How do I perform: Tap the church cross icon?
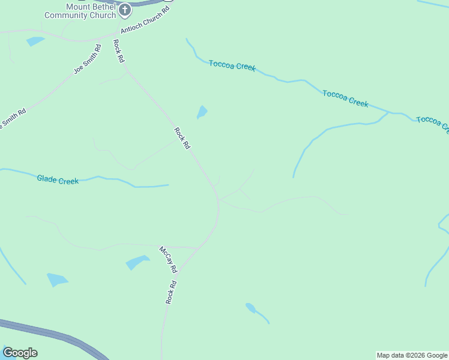(125, 10)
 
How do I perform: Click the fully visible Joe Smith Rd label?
(88, 59)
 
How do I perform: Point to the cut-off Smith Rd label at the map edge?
(13, 119)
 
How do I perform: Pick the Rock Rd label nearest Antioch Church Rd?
(119, 51)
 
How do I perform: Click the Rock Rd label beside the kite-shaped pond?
(182, 138)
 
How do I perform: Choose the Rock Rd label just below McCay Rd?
(171, 292)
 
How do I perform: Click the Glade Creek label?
(58, 179)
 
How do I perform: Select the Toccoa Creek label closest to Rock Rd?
(232, 65)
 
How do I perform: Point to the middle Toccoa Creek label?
(345, 98)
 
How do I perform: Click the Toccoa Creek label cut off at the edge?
(432, 122)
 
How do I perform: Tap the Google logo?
(20, 353)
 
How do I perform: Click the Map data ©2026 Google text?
(412, 355)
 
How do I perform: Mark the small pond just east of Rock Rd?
(202, 112)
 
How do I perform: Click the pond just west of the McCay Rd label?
(137, 262)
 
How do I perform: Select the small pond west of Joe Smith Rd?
(35, 41)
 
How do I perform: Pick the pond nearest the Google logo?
(58, 280)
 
